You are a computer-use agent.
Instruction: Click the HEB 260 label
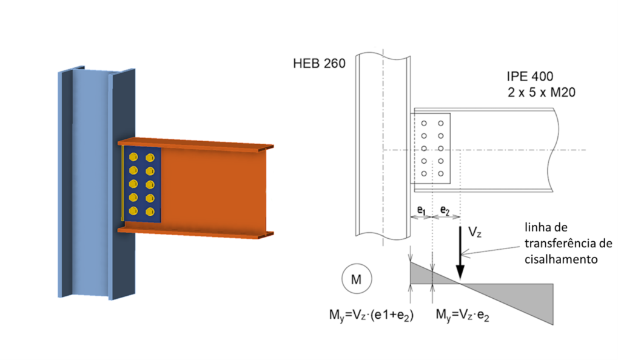pyautogui.click(x=318, y=63)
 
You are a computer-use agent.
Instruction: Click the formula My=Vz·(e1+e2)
pyautogui.click(x=369, y=315)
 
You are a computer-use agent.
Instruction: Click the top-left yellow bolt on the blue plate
pyautogui.click(x=134, y=158)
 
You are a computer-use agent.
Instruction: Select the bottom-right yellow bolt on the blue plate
pyautogui.click(x=150, y=212)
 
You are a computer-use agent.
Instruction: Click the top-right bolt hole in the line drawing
pyautogui.click(x=441, y=123)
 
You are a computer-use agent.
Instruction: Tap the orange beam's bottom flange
pyautogui.click(x=200, y=231)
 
